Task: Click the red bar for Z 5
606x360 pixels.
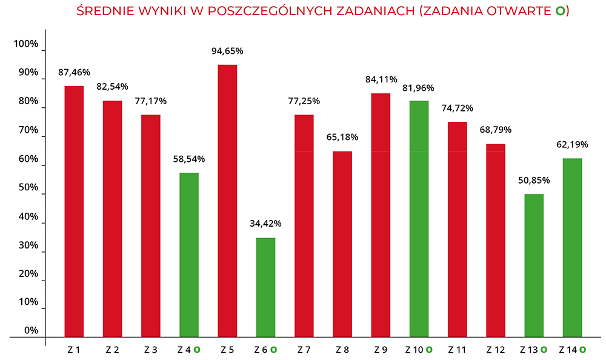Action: [227, 200]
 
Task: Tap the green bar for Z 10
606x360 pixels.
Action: [419, 218]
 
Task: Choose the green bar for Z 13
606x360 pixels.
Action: [534, 265]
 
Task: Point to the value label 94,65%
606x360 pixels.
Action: [227, 51]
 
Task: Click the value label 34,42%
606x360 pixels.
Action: [265, 223]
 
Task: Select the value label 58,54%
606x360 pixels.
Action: [189, 159]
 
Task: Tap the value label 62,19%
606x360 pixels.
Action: [572, 145]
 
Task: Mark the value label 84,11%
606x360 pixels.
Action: [381, 79]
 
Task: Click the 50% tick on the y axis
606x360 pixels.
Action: [28, 188]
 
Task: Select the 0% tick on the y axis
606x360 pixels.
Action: [31, 330]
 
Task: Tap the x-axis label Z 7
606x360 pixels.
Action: [304, 350]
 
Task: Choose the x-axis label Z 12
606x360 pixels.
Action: [496, 350]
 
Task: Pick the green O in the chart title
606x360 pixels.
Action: [560, 12]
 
